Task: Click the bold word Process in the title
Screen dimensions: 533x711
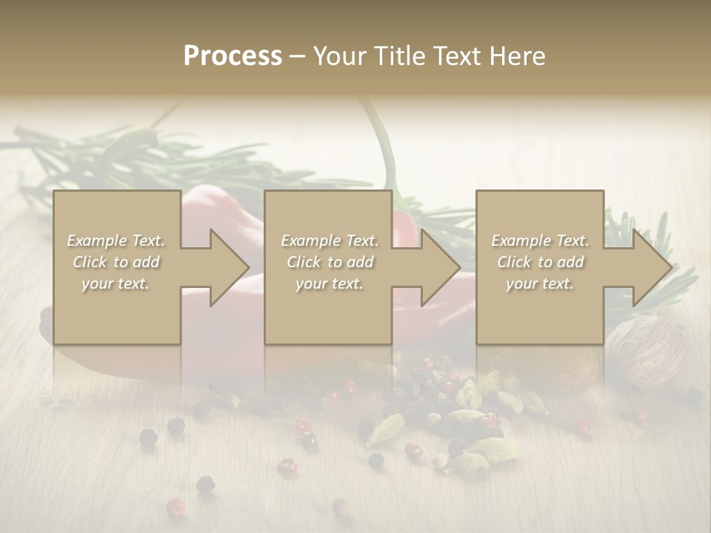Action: tap(233, 56)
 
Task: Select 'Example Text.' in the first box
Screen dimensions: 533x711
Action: tap(116, 241)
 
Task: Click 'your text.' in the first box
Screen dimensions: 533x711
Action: tap(116, 284)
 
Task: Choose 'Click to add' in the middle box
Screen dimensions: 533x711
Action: tap(330, 262)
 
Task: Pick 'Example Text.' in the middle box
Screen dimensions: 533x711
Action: tap(330, 241)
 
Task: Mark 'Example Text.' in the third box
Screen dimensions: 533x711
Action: tap(540, 241)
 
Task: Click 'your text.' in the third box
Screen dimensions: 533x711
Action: tap(540, 284)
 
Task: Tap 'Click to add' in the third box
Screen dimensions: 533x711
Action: tap(540, 262)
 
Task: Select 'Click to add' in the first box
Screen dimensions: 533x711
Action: tap(116, 262)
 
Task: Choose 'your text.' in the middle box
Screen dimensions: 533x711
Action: tap(330, 284)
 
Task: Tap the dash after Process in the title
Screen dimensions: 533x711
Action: tap(297, 56)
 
